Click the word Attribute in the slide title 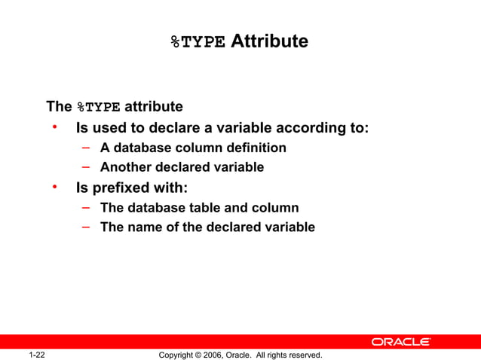pos(269,41)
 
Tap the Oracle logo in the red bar pos(401,342)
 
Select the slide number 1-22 pos(37,354)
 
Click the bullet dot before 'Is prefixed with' pos(55,186)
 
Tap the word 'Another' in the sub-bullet pos(124,167)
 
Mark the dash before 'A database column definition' pos(87,147)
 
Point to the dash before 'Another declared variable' pos(87,166)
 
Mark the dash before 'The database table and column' pos(87,206)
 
